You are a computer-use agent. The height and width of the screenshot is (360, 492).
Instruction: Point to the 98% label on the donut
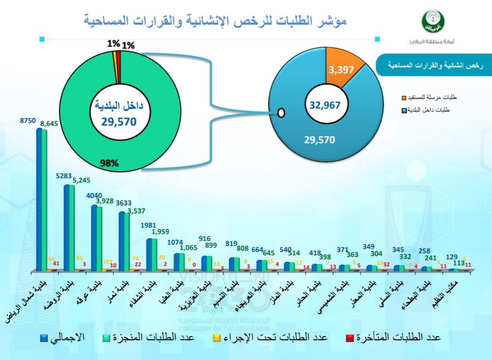[x=109, y=163]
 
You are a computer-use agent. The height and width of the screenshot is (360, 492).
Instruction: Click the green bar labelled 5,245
[x=72, y=228]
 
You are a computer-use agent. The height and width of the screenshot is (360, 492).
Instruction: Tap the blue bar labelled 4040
[x=94, y=237]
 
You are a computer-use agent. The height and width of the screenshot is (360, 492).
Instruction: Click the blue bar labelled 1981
[x=149, y=254]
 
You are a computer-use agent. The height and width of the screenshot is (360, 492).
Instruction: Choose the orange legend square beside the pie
[x=405, y=98]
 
